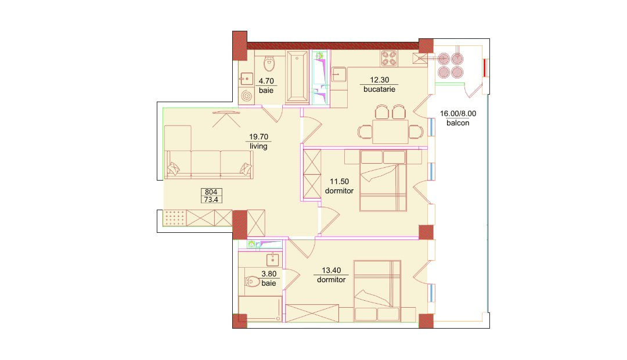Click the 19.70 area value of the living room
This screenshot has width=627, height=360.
(259, 137)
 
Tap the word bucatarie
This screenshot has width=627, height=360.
(380, 89)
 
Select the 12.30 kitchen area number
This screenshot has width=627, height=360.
(380, 80)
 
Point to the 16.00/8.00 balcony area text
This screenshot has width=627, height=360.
(458, 114)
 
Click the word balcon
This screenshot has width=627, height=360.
(458, 123)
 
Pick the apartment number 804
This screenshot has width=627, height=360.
(211, 192)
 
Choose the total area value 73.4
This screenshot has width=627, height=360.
(211, 199)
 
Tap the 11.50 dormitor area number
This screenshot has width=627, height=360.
(340, 182)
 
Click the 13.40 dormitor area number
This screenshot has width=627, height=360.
(331, 271)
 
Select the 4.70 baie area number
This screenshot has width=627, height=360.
(266, 81)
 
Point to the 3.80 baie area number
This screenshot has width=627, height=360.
(269, 274)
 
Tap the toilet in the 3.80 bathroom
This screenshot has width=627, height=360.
(253, 282)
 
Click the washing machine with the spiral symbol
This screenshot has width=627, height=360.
(247, 96)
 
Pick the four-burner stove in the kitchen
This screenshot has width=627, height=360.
(390, 59)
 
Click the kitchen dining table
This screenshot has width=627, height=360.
(390, 132)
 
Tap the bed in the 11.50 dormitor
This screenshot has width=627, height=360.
(383, 181)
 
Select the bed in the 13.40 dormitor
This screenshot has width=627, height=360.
(377, 291)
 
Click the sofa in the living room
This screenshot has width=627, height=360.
(209, 164)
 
